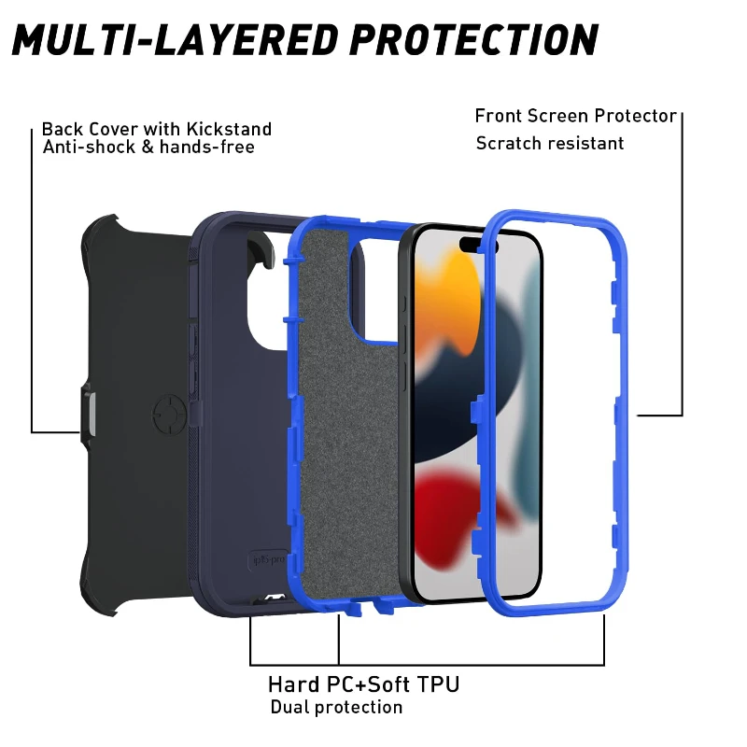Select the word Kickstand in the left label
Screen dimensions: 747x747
229,129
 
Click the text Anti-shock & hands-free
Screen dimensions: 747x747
148,148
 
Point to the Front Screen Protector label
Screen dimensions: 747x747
575,116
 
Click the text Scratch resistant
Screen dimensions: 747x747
550,143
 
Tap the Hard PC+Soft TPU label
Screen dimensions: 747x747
363,685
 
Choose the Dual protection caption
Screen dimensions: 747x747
336,707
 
